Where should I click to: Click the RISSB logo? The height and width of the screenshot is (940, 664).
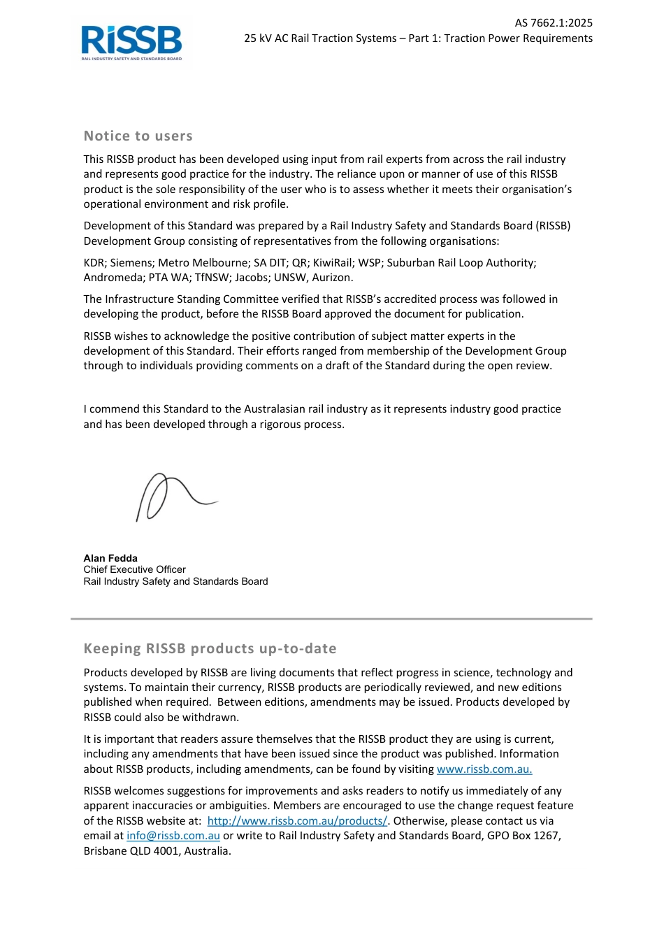pos(131,43)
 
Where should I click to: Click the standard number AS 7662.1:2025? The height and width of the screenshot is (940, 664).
pos(554,23)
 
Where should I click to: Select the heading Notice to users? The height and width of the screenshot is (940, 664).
pos(138,136)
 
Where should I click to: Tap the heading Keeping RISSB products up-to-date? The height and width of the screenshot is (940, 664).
pos(210,649)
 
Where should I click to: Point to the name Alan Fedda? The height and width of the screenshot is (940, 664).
pos(110,558)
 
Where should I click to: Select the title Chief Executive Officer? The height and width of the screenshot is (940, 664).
pos(134,569)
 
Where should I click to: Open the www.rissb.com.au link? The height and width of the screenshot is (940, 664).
pos(484,769)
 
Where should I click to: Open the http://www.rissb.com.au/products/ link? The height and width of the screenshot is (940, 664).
pos(297,821)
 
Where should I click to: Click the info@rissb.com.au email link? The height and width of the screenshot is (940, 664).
pos(173,836)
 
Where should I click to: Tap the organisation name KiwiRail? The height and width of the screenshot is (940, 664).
pos(332,263)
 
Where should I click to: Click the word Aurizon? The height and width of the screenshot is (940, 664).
pos(332,278)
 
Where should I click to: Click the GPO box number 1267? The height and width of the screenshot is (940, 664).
pos(545,836)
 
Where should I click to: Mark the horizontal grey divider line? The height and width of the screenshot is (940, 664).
pos(331,619)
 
